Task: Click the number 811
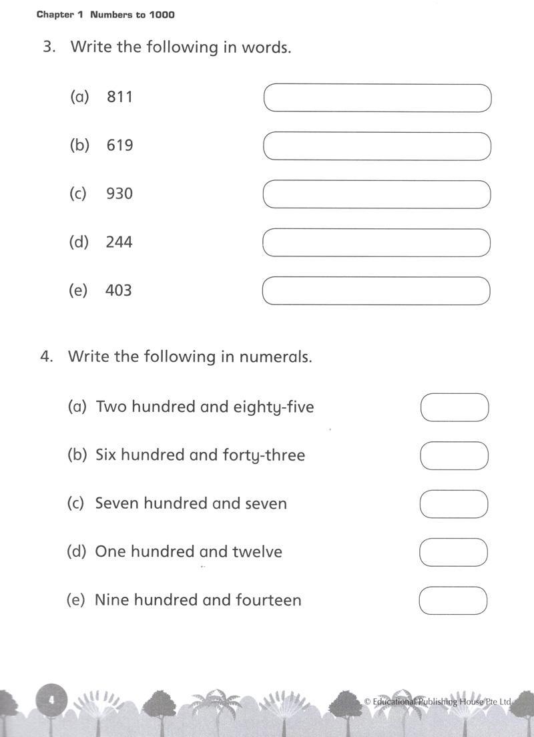[119, 97]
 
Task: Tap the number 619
[119, 146]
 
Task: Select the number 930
[119, 194]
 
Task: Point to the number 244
[119, 242]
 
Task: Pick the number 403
[118, 290]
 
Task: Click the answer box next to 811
[377, 98]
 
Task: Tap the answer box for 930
[376, 194]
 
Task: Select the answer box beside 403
[376, 291]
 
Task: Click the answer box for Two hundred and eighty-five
[455, 407]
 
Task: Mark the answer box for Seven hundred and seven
[454, 504]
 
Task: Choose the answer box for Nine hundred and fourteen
[453, 600]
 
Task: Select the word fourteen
[268, 600]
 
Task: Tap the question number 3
[48, 47]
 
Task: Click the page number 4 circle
[51, 700]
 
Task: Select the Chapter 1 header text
[105, 15]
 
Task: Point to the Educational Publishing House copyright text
[438, 702]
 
